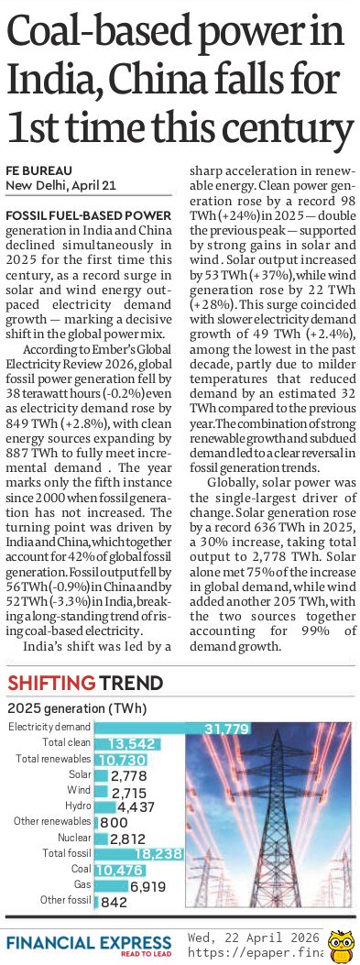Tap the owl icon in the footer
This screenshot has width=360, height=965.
341,944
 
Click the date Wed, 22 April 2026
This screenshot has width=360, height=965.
254,937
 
